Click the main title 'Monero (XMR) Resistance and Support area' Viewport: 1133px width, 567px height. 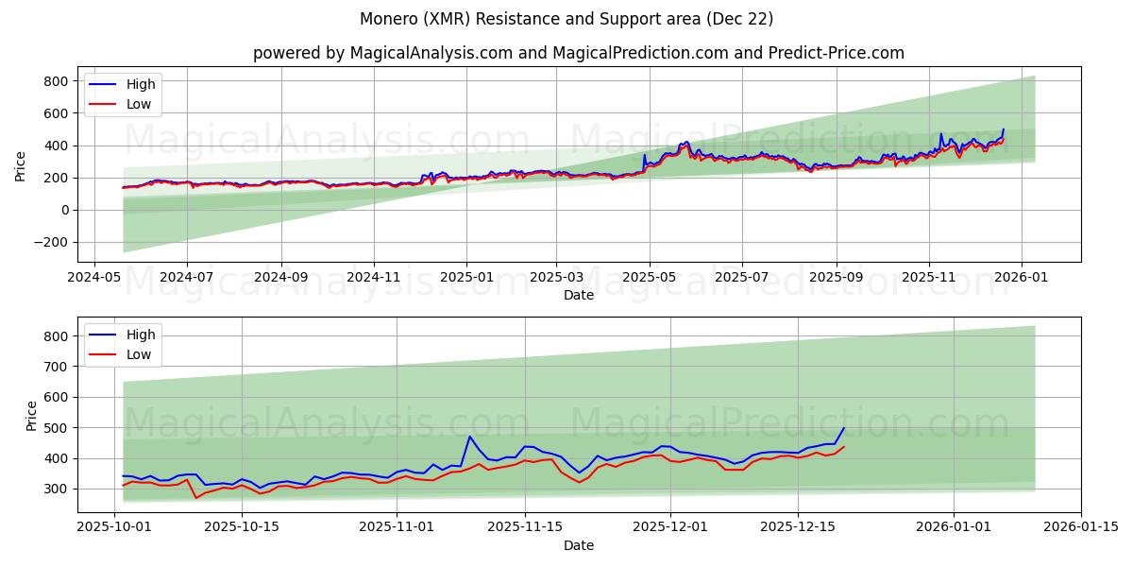coord(566,19)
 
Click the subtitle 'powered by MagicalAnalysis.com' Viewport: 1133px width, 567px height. coord(397,53)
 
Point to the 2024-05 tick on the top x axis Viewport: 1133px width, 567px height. coord(93,278)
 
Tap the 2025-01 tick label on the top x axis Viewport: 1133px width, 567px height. coord(466,278)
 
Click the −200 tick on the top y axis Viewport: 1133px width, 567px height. coord(50,242)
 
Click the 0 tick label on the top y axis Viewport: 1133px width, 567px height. coord(65,210)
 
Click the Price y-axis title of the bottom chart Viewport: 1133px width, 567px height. coord(32,415)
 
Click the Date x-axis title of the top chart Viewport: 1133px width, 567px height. coord(579,295)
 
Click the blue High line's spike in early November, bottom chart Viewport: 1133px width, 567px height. coord(469,437)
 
